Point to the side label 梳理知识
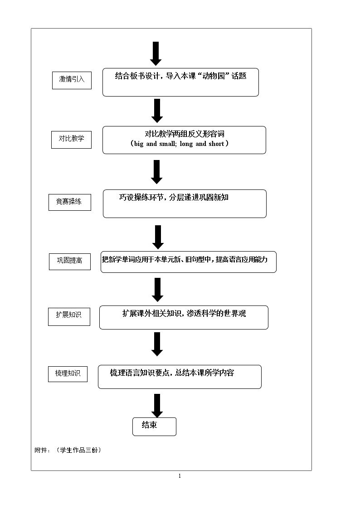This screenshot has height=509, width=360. click(x=68, y=373)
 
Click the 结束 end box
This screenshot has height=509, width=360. click(x=154, y=427)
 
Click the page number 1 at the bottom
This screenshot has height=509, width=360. click(x=180, y=476)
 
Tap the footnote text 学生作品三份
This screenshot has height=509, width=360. click(x=79, y=450)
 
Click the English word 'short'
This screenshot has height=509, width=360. click(x=216, y=144)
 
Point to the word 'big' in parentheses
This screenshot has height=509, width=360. click(x=139, y=144)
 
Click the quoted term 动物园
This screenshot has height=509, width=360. click(x=214, y=76)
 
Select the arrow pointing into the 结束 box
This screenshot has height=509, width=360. click(x=157, y=406)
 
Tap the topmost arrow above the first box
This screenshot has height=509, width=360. click(x=156, y=53)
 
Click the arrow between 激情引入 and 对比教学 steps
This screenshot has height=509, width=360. click(x=157, y=111)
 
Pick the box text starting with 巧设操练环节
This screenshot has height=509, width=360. click(x=174, y=197)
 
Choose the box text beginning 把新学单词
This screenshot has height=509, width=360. click(x=185, y=259)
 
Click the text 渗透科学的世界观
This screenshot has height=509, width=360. click(x=216, y=313)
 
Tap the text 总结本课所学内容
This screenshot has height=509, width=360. click(x=204, y=373)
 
